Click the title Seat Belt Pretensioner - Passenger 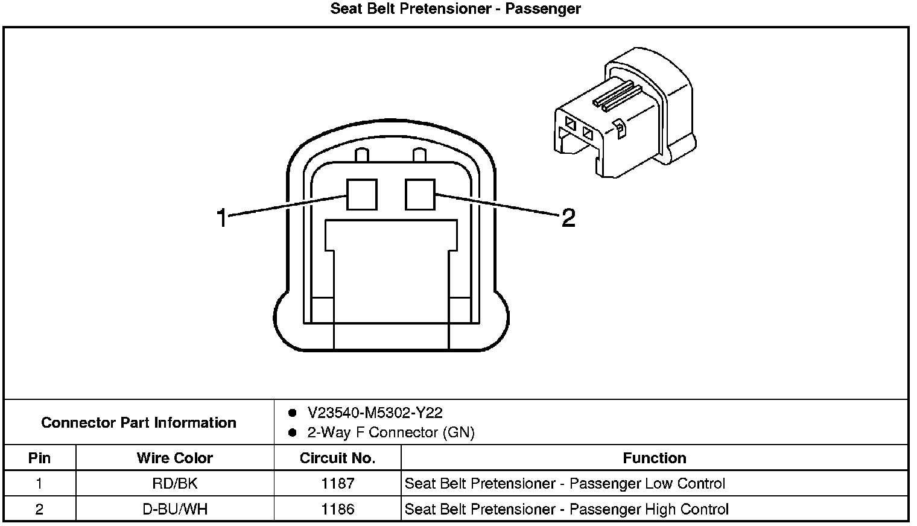pyautogui.click(x=455, y=9)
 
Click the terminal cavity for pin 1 pyautogui.click(x=361, y=195)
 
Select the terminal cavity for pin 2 pyautogui.click(x=420, y=194)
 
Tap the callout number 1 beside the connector pyautogui.click(x=223, y=218)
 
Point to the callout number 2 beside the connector pyautogui.click(x=568, y=217)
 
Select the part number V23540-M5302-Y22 pyautogui.click(x=375, y=413)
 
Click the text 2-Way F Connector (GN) pyautogui.click(x=391, y=433)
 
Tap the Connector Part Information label pyautogui.click(x=139, y=422)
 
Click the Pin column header pyautogui.click(x=40, y=458)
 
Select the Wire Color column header pyautogui.click(x=175, y=458)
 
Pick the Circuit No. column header pyautogui.click(x=337, y=458)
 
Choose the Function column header pyautogui.click(x=655, y=458)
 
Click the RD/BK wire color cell pyautogui.click(x=175, y=483)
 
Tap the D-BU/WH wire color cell pyautogui.click(x=175, y=509)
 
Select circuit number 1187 pyautogui.click(x=337, y=483)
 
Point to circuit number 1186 pyautogui.click(x=337, y=509)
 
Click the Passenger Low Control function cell pyautogui.click(x=565, y=483)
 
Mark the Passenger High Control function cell pyautogui.click(x=566, y=509)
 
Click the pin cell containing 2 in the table pyautogui.click(x=40, y=509)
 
